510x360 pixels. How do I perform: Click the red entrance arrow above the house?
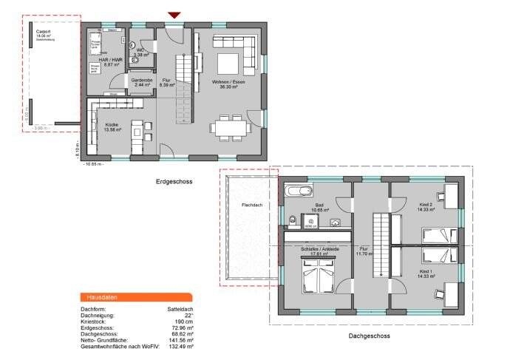pyautogui.click(x=174, y=15)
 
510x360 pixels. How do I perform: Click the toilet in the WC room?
pyautogui.click(x=135, y=61)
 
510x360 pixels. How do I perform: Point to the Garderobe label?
pyautogui.click(x=142, y=82)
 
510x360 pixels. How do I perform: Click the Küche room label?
pyautogui.click(x=112, y=126)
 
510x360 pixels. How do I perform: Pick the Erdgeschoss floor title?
pyautogui.click(x=174, y=181)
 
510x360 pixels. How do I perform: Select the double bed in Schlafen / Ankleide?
pyautogui.click(x=318, y=279)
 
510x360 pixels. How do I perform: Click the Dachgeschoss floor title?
pyautogui.click(x=369, y=336)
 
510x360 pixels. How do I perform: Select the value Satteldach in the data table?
pyautogui.click(x=180, y=309)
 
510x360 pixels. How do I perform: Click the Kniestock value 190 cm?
pyautogui.click(x=183, y=322)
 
